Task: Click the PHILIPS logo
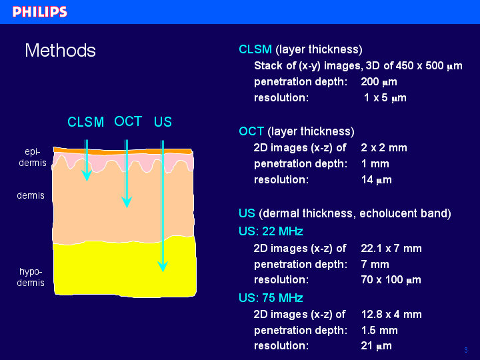(x=40, y=11)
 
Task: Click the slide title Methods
(x=60, y=50)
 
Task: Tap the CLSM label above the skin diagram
(x=86, y=122)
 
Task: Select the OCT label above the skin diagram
(x=128, y=121)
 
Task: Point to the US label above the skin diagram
(x=163, y=122)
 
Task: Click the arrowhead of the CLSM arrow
(x=87, y=175)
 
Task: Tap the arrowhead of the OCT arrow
(x=127, y=202)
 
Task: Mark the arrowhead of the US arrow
(x=163, y=266)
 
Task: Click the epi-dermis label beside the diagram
(x=33, y=157)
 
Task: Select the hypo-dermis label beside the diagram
(x=31, y=277)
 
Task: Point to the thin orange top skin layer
(x=123, y=151)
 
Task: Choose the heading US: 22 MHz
(x=271, y=231)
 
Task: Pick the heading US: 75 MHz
(x=271, y=298)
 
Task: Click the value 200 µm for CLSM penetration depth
(x=379, y=82)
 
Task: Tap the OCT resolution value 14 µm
(x=377, y=180)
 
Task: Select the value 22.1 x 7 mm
(x=391, y=248)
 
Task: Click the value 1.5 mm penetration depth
(x=379, y=330)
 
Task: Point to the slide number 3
(x=466, y=350)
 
